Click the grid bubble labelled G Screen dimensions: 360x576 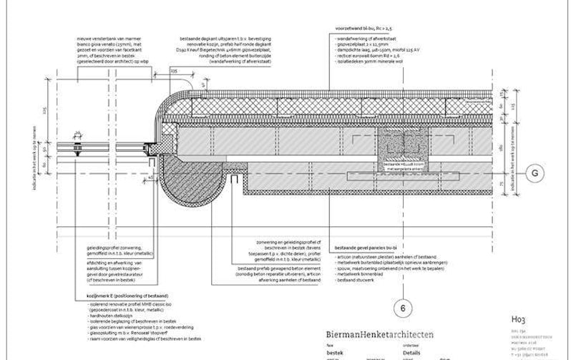(x=535, y=172)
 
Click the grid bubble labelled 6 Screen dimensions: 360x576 (x=404, y=308)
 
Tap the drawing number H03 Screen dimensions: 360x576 (x=519, y=319)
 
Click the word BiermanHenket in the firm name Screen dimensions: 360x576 (x=353, y=334)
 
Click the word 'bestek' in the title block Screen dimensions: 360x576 (x=336, y=353)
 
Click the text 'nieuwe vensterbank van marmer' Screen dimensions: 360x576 (x=107, y=36)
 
